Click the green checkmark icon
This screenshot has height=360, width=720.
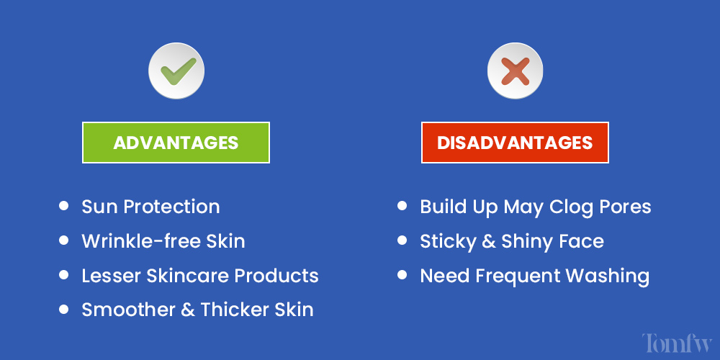(176, 71)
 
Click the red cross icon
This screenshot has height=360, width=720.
(515, 71)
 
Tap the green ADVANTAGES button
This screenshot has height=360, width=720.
(176, 143)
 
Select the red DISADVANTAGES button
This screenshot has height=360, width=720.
(515, 143)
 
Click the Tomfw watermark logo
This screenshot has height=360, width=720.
(676, 343)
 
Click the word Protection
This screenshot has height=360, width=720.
(172, 207)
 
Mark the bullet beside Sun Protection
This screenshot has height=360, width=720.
(64, 206)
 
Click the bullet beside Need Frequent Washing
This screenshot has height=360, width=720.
(402, 275)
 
